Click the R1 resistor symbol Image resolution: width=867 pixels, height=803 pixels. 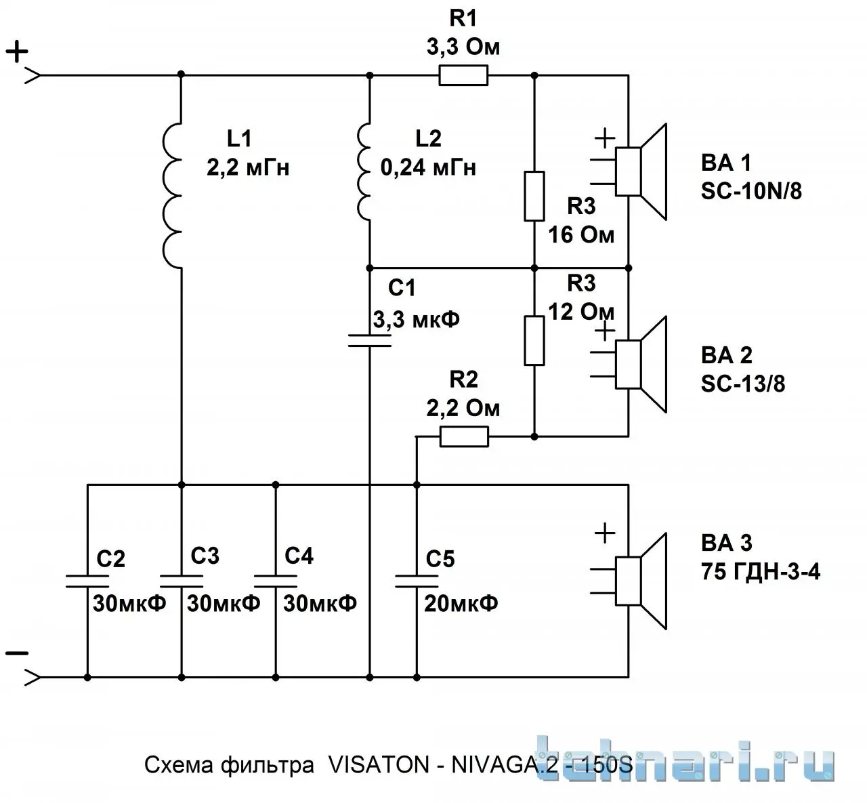click(463, 75)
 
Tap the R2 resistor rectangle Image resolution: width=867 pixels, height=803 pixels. click(463, 436)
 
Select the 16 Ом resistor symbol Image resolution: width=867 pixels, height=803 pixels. click(534, 196)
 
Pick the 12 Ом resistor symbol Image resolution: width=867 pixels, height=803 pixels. click(534, 340)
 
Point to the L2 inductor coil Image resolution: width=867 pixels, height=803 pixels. click(363, 171)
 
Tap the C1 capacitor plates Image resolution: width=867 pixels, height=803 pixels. click(369, 341)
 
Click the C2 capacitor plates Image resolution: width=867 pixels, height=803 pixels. click(87, 581)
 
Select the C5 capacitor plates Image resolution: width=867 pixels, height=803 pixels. click(417, 581)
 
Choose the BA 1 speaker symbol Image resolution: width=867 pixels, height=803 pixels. click(641, 171)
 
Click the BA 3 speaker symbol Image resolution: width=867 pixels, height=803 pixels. click(641, 581)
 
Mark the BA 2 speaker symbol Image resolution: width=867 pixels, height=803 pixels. click(641, 365)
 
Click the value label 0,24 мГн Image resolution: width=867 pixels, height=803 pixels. click(428, 168)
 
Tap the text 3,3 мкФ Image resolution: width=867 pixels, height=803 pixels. click(416, 320)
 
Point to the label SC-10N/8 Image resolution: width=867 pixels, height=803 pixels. click(751, 191)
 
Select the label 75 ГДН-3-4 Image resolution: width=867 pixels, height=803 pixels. click(761, 571)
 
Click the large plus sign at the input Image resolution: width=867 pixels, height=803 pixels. click(17, 52)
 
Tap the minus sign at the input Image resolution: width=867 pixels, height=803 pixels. click(17, 654)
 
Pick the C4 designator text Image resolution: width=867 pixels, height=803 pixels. click(299, 556)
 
